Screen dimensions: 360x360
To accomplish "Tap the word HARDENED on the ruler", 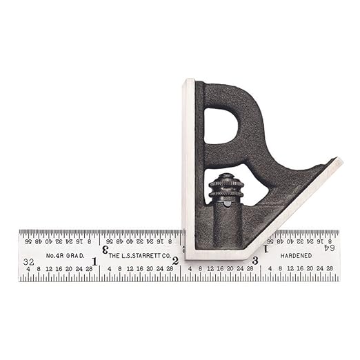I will point(296,255).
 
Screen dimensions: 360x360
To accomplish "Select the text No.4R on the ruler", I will point(54,255).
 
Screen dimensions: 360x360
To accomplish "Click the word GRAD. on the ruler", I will point(76,255).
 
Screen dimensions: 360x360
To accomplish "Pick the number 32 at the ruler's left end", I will point(29,262).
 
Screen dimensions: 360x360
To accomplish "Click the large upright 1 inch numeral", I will point(94,261).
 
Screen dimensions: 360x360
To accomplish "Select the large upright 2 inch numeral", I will point(175,261).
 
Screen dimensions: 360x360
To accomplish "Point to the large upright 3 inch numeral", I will point(255,261).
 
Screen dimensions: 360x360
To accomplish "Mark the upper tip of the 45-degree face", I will point(338,162).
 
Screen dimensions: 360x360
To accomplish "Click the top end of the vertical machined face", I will point(188,83).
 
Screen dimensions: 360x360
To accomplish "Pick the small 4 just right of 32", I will point(28,270).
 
